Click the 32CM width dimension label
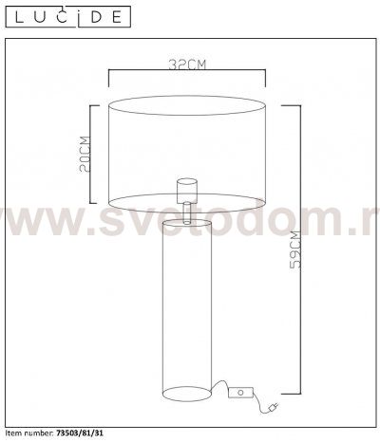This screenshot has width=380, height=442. click(187, 64)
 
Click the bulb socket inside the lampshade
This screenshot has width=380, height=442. click(187, 186)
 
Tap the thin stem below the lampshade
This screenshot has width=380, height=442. click(187, 210)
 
